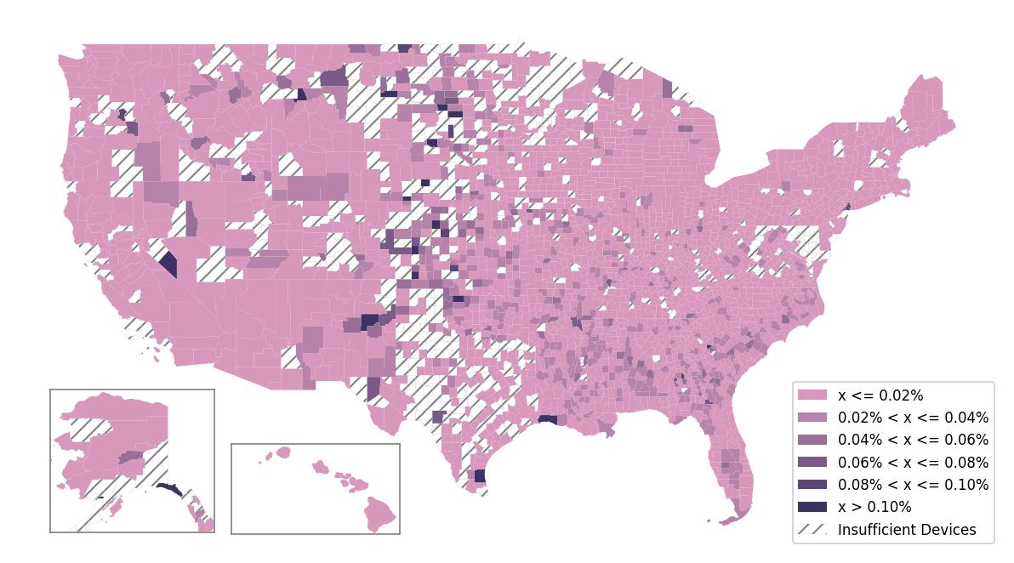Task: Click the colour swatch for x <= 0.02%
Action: coord(812,395)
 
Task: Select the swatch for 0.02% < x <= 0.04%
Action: coord(812,418)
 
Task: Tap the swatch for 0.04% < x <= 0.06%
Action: coord(812,440)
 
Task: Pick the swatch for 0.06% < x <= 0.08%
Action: coord(812,463)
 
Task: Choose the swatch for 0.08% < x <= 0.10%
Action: coord(812,485)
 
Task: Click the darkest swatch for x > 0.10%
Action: coord(812,507)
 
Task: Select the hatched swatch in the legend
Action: coord(812,529)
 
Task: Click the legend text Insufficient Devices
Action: coord(907,529)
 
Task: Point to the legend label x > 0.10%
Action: coord(874,507)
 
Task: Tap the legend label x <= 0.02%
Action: coord(880,395)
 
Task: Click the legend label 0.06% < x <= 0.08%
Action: coord(913,463)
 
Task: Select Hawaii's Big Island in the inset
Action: coord(380,514)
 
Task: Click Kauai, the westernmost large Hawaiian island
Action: coord(283,452)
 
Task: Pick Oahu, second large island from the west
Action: coord(321,467)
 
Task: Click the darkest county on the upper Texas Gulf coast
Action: coord(549,419)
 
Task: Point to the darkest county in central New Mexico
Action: coord(370,321)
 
